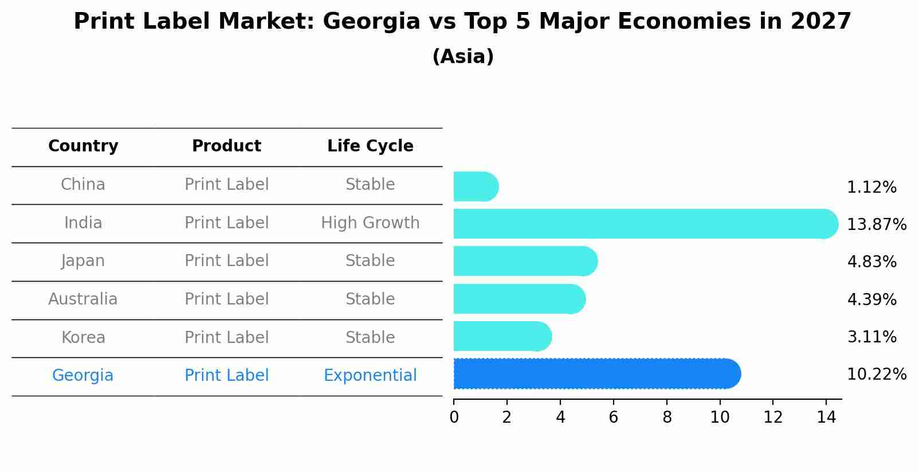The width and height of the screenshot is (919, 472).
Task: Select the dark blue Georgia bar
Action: [596, 374]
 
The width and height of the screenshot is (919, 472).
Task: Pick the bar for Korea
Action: [502, 336]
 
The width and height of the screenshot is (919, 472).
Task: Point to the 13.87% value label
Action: [876, 225]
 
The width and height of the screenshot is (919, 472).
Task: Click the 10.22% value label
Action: [876, 375]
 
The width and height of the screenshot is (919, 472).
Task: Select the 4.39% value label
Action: [871, 299]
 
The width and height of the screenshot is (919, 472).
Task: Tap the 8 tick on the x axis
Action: [667, 418]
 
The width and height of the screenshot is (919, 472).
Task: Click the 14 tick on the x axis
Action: [826, 418]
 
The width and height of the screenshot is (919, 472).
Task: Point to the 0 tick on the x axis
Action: [454, 418]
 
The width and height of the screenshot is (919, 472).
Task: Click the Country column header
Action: [83, 146]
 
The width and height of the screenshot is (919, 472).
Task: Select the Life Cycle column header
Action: [370, 146]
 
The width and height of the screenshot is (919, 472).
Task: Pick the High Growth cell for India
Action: [370, 223]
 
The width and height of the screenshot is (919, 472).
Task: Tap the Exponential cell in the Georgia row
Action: [370, 376]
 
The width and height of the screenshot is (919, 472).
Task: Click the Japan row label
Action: [83, 261]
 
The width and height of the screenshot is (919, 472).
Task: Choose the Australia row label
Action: [83, 299]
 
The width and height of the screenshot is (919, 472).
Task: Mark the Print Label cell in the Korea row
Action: [226, 337]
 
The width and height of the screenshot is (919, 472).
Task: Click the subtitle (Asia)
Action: [462, 57]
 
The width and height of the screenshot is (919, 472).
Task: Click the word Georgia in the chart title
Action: [371, 22]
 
